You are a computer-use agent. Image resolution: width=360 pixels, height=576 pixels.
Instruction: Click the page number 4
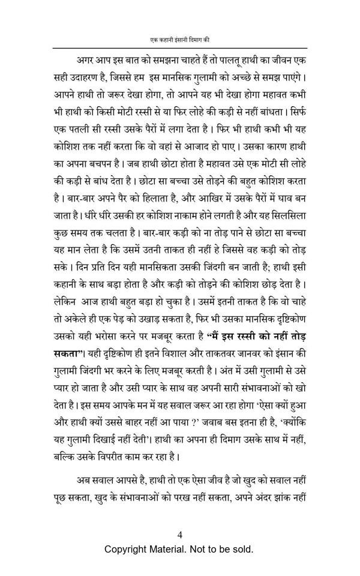tap(180, 536)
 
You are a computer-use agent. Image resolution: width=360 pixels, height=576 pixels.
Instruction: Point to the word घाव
tap(288, 196)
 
